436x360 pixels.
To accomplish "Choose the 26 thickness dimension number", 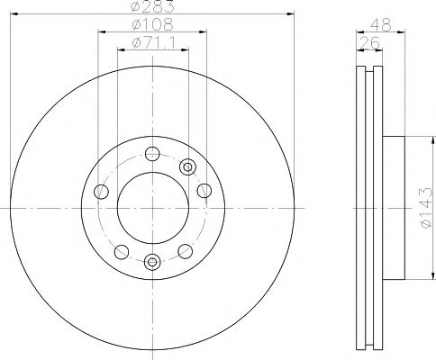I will (368, 42).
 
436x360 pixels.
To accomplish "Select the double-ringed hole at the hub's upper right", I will (187, 166).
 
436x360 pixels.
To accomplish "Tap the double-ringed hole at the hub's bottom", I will (150, 262).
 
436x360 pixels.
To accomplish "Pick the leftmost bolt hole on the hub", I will (101, 193).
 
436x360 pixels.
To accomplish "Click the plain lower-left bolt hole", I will (120, 250).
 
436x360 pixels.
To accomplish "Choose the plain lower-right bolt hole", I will (186, 251).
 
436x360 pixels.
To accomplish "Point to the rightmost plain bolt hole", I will (204, 192).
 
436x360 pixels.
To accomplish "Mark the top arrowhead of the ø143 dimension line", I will (419, 137).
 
